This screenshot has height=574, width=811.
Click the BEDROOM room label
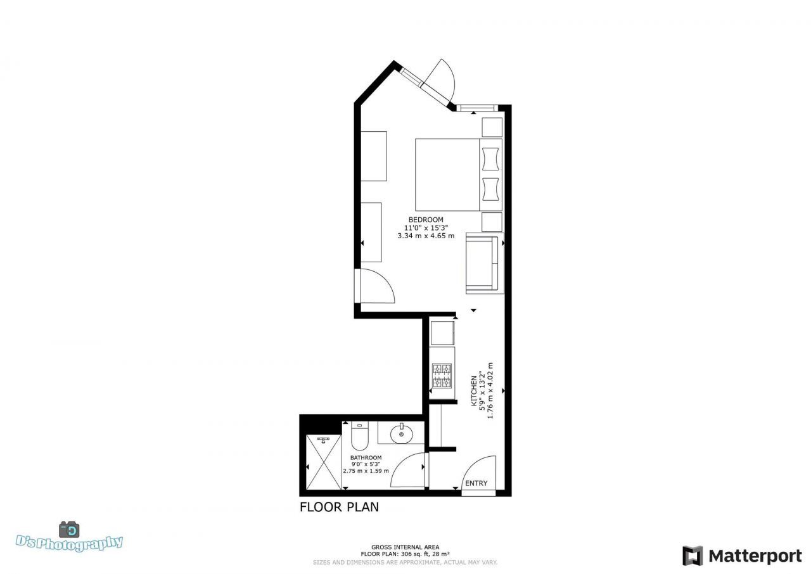click(426, 220)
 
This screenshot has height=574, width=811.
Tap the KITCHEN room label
click(473, 392)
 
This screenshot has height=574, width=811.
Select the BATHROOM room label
click(366, 457)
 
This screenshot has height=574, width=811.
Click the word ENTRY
click(476, 483)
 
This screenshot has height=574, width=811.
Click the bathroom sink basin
click(401, 435)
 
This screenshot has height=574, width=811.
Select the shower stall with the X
click(323, 462)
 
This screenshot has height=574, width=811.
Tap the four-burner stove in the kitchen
click(442, 375)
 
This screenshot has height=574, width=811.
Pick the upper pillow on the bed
click(490, 159)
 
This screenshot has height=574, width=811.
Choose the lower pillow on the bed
click(490, 189)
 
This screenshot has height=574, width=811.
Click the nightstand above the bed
click(492, 127)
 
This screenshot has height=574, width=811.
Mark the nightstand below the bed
click(492, 222)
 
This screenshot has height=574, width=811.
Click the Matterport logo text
click(755, 556)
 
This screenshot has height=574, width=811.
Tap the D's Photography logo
click(69, 538)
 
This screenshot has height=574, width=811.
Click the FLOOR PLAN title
click(339, 507)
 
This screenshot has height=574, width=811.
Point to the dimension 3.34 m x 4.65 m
click(426, 236)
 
